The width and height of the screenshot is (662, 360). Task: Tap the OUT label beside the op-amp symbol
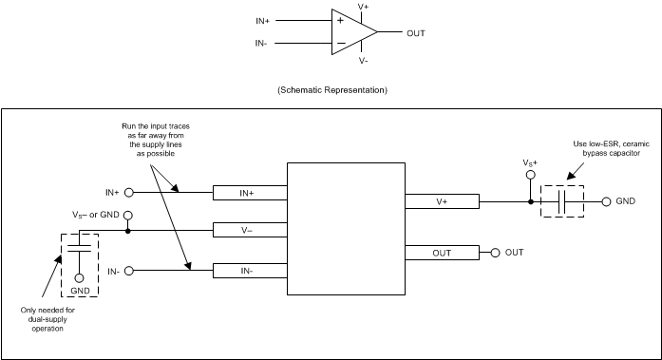pos(415,32)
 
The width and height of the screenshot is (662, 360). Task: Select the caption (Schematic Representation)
pos(331,90)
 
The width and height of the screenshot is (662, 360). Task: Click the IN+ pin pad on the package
pos(249,193)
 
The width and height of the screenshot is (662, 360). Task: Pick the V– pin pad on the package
pos(249,230)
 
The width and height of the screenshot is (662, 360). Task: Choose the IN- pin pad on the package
pos(249,271)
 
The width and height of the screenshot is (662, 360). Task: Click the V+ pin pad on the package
pos(442,201)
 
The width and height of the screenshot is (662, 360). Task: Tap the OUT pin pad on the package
pos(442,253)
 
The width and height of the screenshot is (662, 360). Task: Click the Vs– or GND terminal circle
pos(127,216)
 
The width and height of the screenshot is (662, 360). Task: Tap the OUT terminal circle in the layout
pos(495,253)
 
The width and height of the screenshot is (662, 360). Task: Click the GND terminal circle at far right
pos(605,201)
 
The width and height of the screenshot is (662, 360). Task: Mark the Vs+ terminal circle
pos(530,177)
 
